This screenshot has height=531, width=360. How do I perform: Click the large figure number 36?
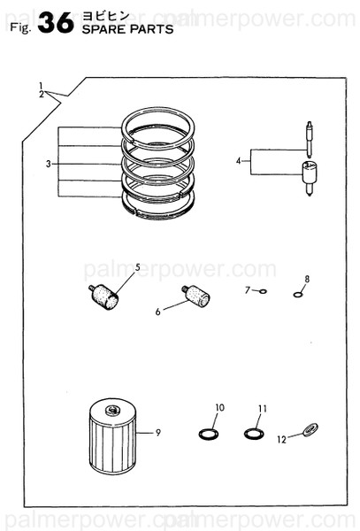pos(56,23)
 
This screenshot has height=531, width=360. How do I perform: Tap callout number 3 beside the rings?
pos(49,164)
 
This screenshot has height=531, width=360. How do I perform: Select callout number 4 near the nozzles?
pos(239,161)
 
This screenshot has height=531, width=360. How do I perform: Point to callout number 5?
pos(137,267)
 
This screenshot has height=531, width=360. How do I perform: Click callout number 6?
pos(158,312)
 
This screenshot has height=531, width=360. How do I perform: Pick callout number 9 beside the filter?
pos(249,289)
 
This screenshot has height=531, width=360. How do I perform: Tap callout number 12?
pos(307,280)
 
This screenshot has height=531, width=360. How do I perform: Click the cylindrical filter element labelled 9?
pos(158,433)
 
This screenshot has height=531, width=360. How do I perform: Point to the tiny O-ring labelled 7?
pos(262,291)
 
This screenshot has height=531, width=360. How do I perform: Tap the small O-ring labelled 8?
pos(298,295)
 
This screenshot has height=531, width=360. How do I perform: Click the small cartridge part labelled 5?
pos(105,296)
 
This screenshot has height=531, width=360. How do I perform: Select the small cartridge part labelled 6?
pos(196,296)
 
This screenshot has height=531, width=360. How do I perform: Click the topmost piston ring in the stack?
pos(157,123)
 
